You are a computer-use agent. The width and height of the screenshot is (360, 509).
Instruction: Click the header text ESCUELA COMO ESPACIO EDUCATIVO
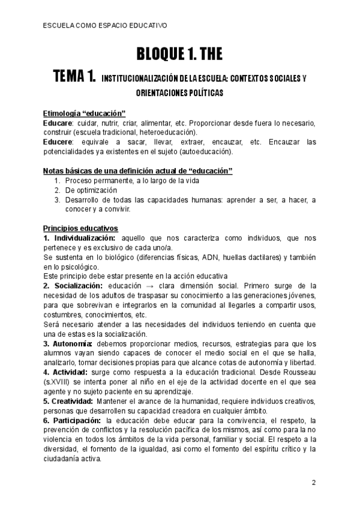click(106, 26)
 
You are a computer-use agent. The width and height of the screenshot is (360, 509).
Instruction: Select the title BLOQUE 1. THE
click(179, 55)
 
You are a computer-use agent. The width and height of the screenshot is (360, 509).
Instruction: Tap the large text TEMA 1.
click(74, 77)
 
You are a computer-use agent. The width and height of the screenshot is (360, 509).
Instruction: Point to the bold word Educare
click(58, 123)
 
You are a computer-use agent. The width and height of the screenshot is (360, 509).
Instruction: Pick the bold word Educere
click(58, 142)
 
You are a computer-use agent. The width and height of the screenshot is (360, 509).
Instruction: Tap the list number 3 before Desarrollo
click(57, 200)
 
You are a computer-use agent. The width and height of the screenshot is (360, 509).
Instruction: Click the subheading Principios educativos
click(80, 229)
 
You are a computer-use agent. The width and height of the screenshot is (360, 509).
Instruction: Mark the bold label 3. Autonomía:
click(68, 344)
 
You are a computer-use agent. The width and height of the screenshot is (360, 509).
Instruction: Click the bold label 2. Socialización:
click(73, 286)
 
